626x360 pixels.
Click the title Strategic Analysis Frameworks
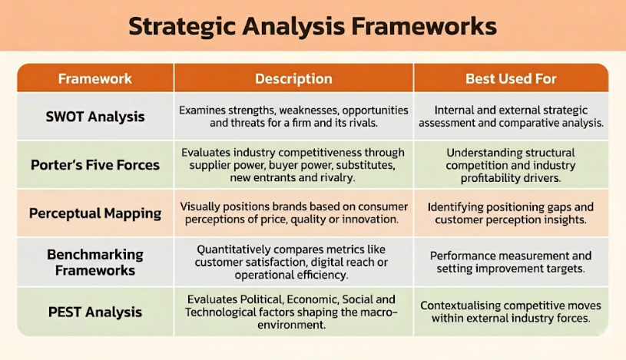(x=312, y=25)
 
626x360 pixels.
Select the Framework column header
(x=95, y=79)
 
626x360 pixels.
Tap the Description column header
(x=293, y=79)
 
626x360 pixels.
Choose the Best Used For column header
(x=511, y=79)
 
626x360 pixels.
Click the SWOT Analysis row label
(x=95, y=117)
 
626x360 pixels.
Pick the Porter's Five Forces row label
(x=95, y=165)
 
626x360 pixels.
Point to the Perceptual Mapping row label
(x=95, y=213)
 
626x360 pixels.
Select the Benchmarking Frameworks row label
(x=95, y=263)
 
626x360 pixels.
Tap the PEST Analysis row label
(x=95, y=312)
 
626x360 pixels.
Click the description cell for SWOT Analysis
(x=293, y=117)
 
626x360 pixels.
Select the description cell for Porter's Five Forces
(x=293, y=165)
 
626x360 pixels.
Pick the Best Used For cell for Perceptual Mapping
(x=511, y=213)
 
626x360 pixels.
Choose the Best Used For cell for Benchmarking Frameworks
(x=511, y=263)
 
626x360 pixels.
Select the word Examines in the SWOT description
(x=204, y=110)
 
